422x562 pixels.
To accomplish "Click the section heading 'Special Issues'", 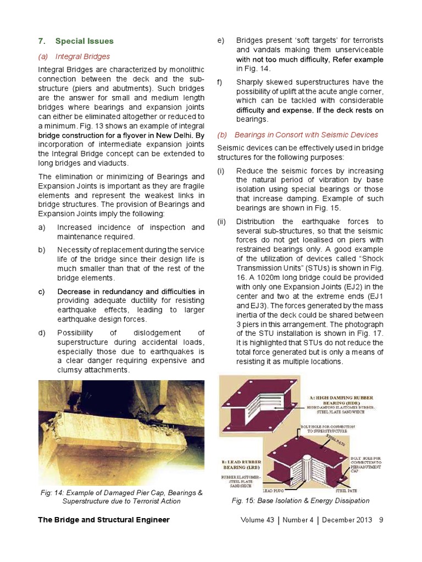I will pos(84,41).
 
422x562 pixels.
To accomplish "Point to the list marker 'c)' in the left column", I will pos(42,291).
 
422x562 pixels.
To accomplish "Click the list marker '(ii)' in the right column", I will pos(221,222).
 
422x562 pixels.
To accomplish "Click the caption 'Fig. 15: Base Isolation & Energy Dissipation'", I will pos(301,501).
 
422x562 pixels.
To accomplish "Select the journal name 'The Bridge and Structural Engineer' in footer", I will pos(104,520).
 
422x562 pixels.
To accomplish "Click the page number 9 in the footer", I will pos(381,520).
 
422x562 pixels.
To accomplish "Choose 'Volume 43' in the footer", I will pos(257,520).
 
